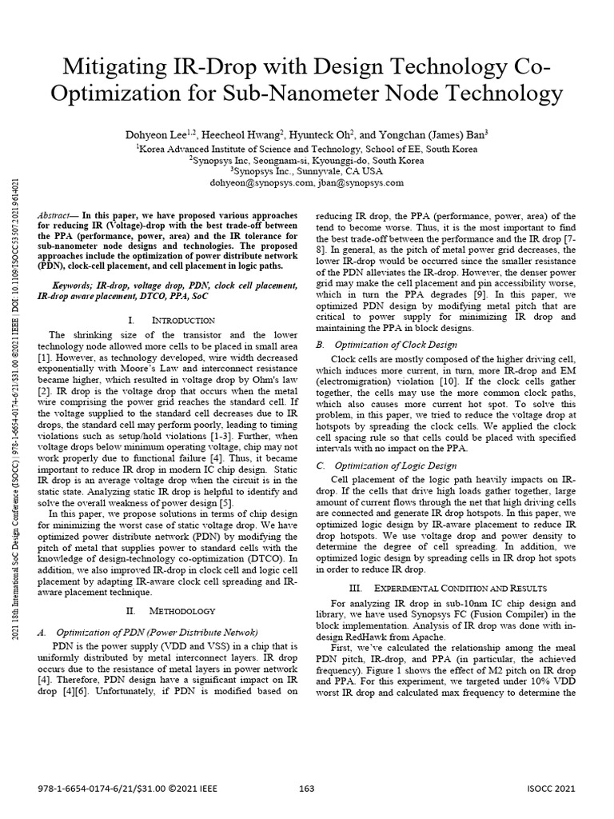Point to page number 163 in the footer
pyautogui.click(x=306, y=790)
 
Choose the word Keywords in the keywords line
pyautogui.click(x=74, y=284)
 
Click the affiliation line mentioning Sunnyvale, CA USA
pyautogui.click(x=306, y=171)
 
